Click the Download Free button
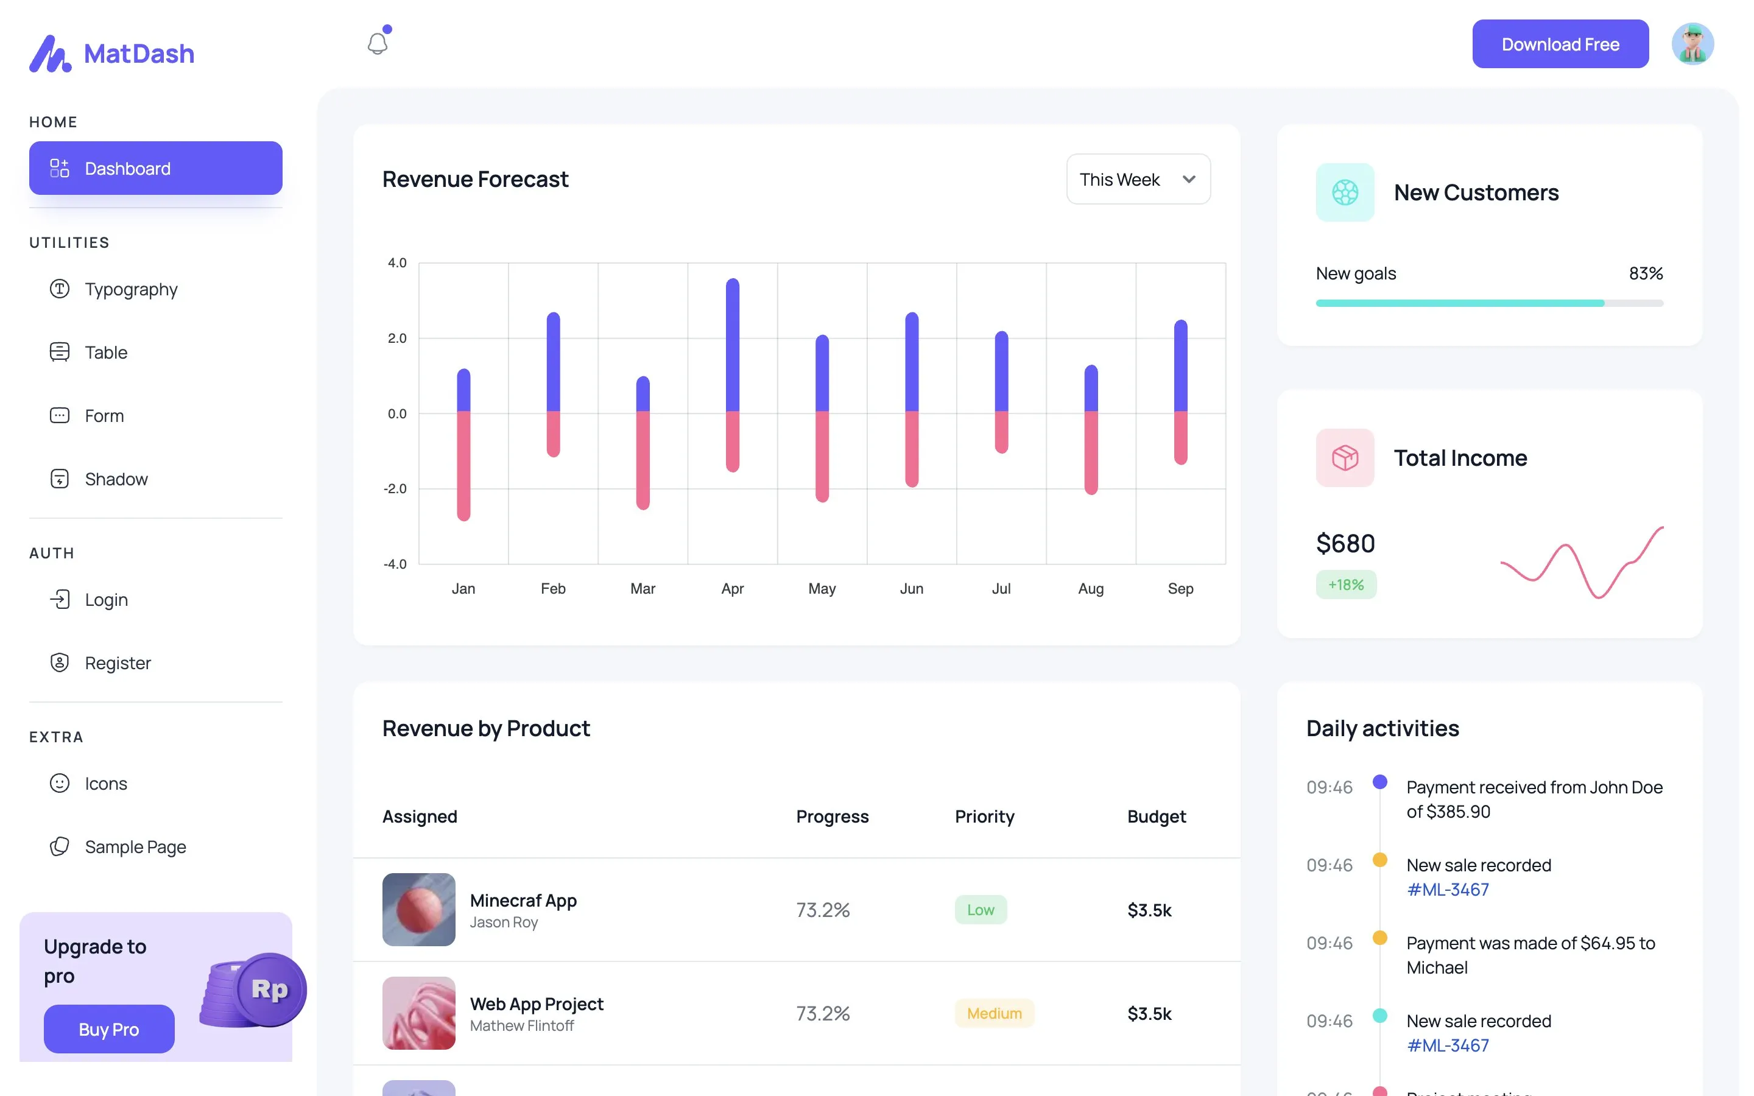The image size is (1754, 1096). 1560,44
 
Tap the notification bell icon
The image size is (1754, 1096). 378,43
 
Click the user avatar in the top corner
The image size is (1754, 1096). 1692,44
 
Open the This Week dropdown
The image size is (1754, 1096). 1138,179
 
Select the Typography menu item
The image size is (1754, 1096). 130,289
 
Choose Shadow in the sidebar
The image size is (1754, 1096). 116,479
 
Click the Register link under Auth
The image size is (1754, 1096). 118,662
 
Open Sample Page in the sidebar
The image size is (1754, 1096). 135,846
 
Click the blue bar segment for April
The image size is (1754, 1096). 732,344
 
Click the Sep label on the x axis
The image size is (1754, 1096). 1180,589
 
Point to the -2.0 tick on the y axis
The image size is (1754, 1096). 396,488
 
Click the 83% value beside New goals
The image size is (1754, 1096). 1645,273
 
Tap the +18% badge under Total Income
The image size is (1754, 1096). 1345,585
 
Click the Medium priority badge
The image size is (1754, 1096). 994,1013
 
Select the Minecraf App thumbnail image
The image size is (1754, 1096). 419,909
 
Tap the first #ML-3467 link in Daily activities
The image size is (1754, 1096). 1448,890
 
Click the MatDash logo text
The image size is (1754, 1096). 139,54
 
